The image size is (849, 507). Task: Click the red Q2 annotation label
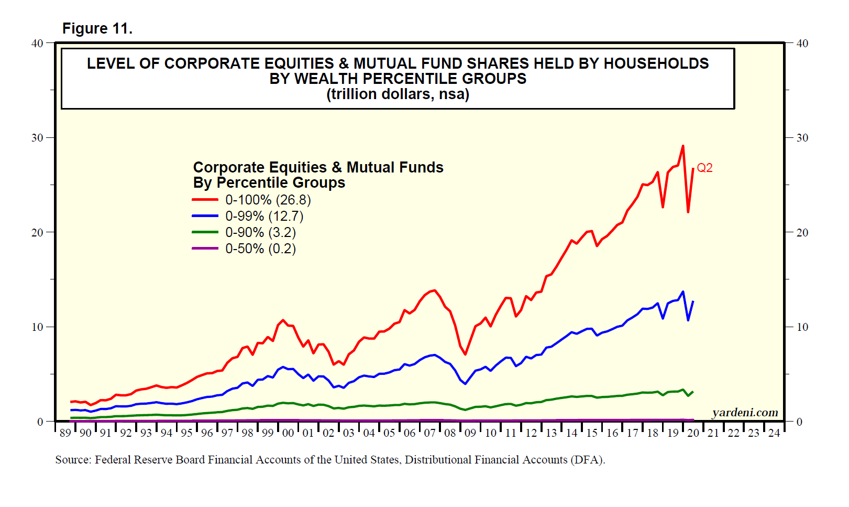[x=704, y=168]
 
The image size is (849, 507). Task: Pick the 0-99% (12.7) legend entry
[x=264, y=217]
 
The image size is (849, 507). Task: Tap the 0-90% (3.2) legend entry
[x=260, y=233]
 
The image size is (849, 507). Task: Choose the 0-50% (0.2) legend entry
[x=260, y=249]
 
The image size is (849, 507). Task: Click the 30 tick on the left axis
[x=37, y=138]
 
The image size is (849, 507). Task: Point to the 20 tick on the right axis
[x=802, y=233]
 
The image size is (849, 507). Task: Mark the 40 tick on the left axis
[x=37, y=44]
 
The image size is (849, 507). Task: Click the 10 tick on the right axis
[x=802, y=327]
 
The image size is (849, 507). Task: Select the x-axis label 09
[x=470, y=433]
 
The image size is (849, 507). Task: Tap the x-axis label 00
[x=288, y=433]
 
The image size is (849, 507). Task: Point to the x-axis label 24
[x=774, y=433]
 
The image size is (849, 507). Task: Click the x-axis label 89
[x=65, y=433]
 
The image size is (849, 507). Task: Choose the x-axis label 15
[x=592, y=433]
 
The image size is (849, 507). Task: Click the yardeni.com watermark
[x=745, y=413]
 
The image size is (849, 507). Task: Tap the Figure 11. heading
[x=97, y=28]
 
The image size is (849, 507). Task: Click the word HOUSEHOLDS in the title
[x=656, y=63]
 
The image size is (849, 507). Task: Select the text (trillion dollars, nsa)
[x=398, y=94]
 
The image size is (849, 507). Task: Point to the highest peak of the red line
[x=682, y=146]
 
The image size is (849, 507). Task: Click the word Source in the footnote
[x=73, y=460]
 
